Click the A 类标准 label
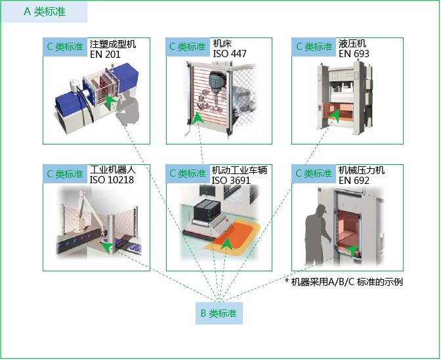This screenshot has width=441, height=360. (45, 12)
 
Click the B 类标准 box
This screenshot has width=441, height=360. (219, 313)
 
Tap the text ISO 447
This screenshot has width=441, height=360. (230, 53)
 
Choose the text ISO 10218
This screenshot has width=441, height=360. (112, 180)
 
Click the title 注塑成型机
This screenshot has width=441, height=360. (112, 43)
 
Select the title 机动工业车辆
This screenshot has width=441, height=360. (240, 170)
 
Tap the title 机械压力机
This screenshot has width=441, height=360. (362, 170)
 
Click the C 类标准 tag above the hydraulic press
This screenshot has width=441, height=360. (314, 47)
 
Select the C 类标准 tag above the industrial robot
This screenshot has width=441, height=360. (65, 173)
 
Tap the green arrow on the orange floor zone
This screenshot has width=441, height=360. (226, 245)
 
